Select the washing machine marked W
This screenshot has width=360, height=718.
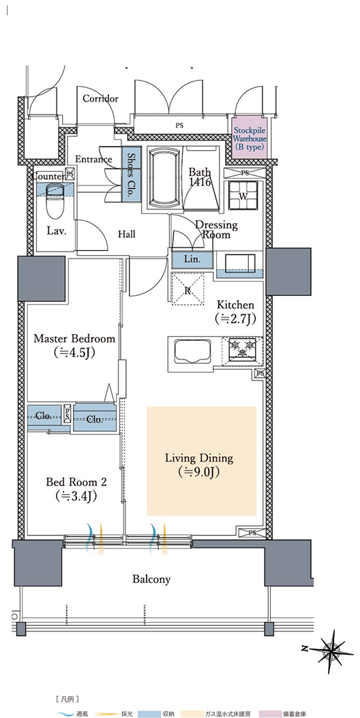[241, 194]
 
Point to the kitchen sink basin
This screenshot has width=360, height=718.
[190, 350]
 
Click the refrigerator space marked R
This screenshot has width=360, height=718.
[187, 288]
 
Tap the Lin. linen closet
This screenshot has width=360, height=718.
[192, 260]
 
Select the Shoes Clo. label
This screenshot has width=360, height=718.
[130, 175]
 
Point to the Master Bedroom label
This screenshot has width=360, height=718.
[75, 345]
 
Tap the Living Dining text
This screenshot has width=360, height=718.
[199, 458]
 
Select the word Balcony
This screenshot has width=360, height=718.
[151, 580]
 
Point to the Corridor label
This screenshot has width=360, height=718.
[100, 98]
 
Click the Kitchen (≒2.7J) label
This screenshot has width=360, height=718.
[235, 312]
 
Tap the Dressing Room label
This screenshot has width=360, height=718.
[216, 229]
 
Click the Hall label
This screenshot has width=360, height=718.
[126, 235]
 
